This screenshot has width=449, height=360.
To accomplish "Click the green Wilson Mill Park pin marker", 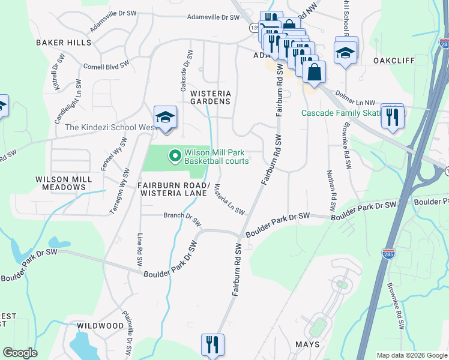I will point(175,157).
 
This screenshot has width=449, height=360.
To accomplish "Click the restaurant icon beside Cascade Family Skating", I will point(393,116).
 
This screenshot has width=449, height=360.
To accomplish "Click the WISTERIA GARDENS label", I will point(210,98).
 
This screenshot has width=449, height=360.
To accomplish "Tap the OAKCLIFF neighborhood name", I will point(394,61).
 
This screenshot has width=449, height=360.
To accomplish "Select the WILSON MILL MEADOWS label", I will point(64,183).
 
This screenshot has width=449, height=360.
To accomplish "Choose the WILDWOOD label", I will point(101,326).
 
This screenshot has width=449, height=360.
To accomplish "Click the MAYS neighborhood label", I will point(307,344).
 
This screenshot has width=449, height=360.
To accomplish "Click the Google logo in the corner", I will point(20,353).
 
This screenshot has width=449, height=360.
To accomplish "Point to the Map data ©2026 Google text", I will point(412,355).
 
